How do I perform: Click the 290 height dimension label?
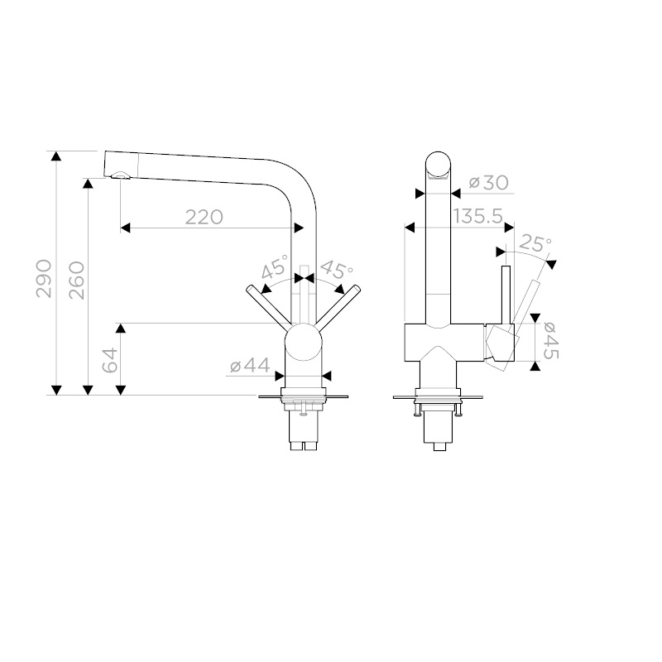[x=44, y=279]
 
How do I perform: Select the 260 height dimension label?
[x=77, y=281]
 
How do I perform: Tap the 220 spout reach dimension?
[x=204, y=217]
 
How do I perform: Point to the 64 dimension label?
[x=111, y=360]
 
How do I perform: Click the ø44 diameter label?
[x=250, y=366]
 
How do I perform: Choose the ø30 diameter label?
[x=489, y=183]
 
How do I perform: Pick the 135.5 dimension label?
[x=478, y=217]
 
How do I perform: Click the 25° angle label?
[x=535, y=243]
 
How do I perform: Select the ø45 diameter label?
[x=550, y=341]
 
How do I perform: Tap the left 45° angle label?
[x=275, y=266]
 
